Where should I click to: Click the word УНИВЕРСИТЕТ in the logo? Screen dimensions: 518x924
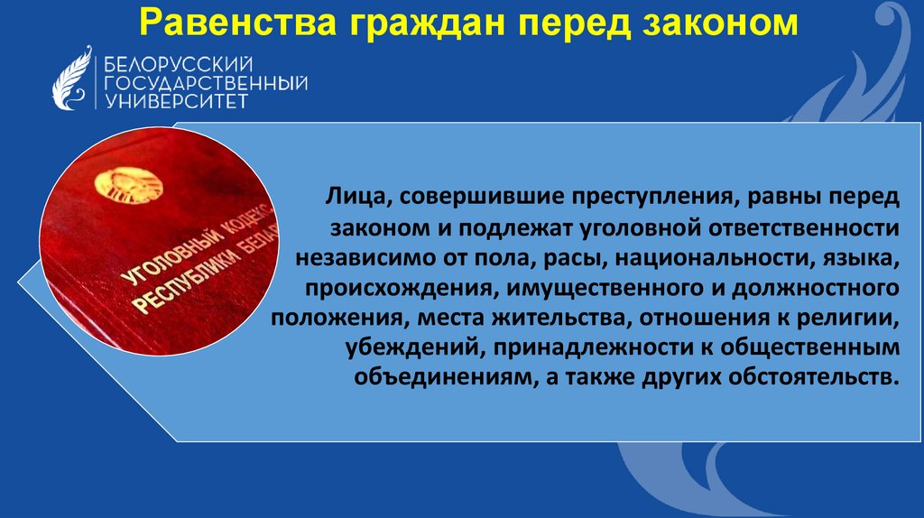(x=175, y=101)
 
